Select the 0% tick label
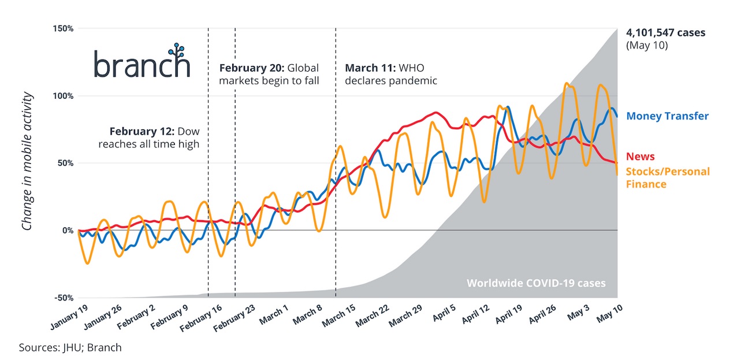coord(68,231)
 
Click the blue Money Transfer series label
coord(667,116)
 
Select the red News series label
coord(640,157)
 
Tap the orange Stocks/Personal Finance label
coord(667,178)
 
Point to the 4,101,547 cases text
coord(665,33)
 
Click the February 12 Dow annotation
coord(149,137)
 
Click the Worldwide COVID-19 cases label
coord(536,283)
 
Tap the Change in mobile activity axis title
coord(27,160)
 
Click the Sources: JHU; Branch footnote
coord(70,347)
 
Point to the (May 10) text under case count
coord(647,45)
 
